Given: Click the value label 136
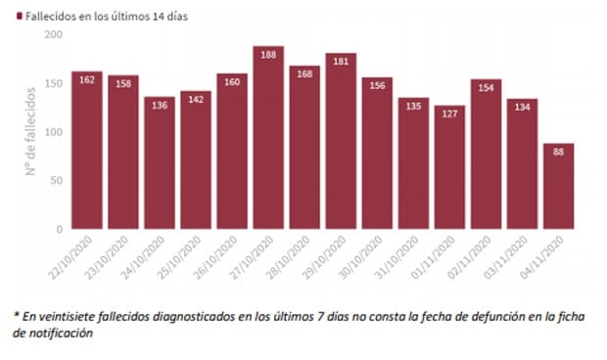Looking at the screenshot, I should [160, 105].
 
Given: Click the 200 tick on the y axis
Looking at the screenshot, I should [53, 35].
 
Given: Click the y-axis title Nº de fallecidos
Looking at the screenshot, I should [30, 132].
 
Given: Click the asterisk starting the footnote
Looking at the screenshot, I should [17, 315].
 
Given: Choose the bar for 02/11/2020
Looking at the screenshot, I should [486, 157].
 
